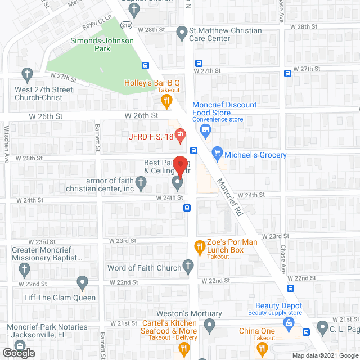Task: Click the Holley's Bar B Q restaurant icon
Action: click(x=166, y=101)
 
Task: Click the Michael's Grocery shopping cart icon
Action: click(x=217, y=152)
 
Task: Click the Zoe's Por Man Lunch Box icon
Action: click(x=199, y=246)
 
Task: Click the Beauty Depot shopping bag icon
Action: click(x=289, y=322)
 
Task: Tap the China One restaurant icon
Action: click(x=261, y=349)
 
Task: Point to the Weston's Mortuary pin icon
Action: click(x=210, y=325)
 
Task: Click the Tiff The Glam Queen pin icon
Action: click(x=83, y=282)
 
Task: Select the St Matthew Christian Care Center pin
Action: click(x=182, y=33)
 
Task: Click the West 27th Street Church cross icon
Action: click(x=26, y=74)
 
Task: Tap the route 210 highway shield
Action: click(x=127, y=25)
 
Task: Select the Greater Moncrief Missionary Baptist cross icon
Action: click(x=24, y=269)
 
